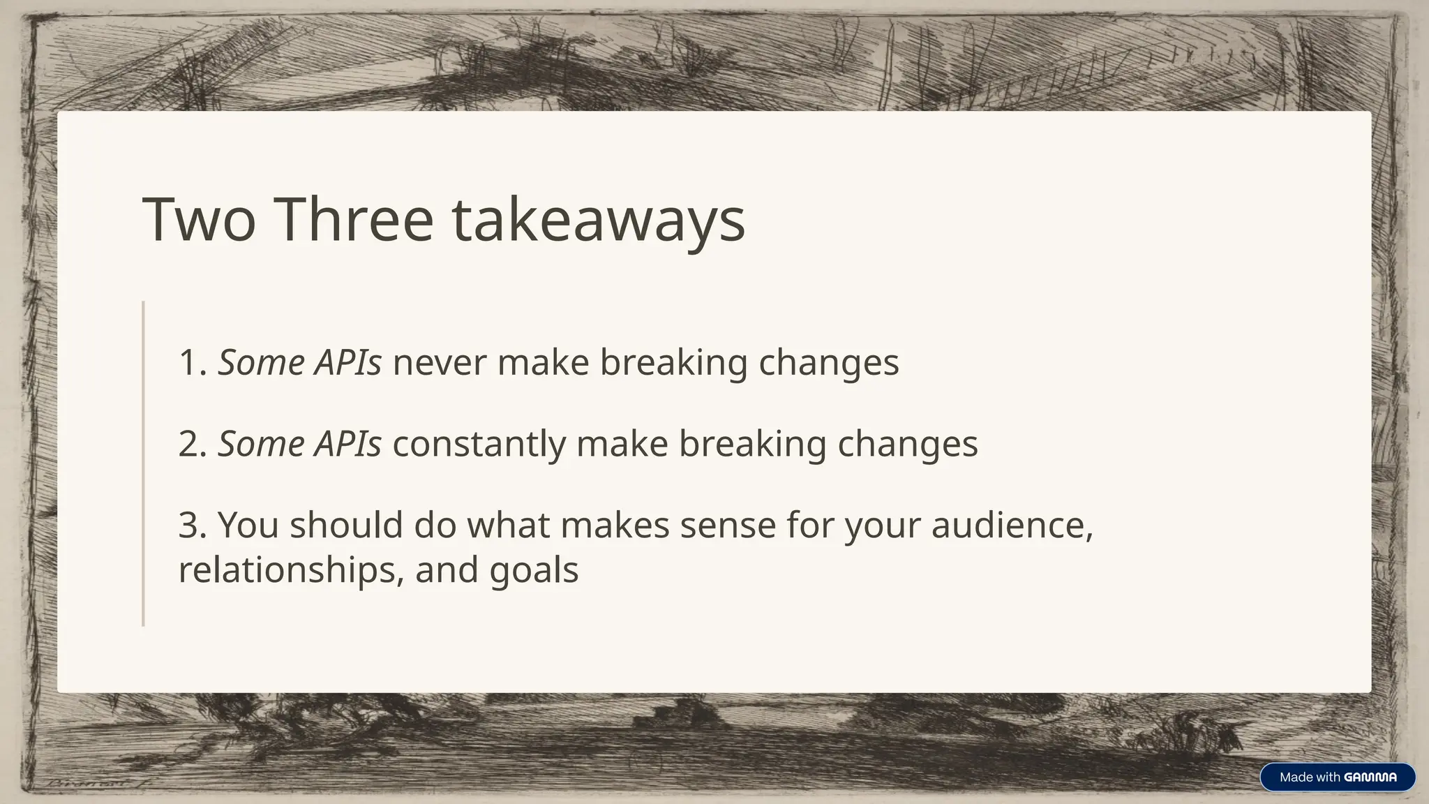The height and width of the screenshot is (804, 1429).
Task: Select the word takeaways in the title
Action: [599, 221]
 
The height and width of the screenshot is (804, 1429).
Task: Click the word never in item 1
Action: [439, 362]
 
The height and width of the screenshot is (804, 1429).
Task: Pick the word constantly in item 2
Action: [479, 444]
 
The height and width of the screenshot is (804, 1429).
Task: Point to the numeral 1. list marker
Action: [193, 363]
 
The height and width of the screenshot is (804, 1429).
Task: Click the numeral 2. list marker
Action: [193, 444]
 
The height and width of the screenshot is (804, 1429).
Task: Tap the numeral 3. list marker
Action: [193, 525]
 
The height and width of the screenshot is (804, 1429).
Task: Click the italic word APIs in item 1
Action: [347, 362]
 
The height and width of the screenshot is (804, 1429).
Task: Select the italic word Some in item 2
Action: [261, 444]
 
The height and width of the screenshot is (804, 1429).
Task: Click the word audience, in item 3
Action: [1012, 525]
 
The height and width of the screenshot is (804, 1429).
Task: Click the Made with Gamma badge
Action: [1337, 777]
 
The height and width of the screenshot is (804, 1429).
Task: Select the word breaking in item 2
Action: [752, 445]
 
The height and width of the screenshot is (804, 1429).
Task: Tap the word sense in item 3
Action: [728, 525]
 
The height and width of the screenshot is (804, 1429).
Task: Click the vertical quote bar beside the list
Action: [143, 463]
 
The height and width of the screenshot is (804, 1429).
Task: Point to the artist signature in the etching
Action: [98, 784]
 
